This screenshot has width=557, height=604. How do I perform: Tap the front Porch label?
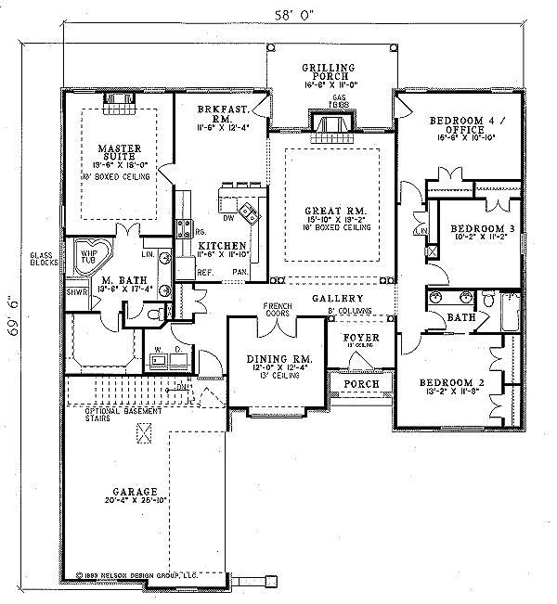(358, 383)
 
